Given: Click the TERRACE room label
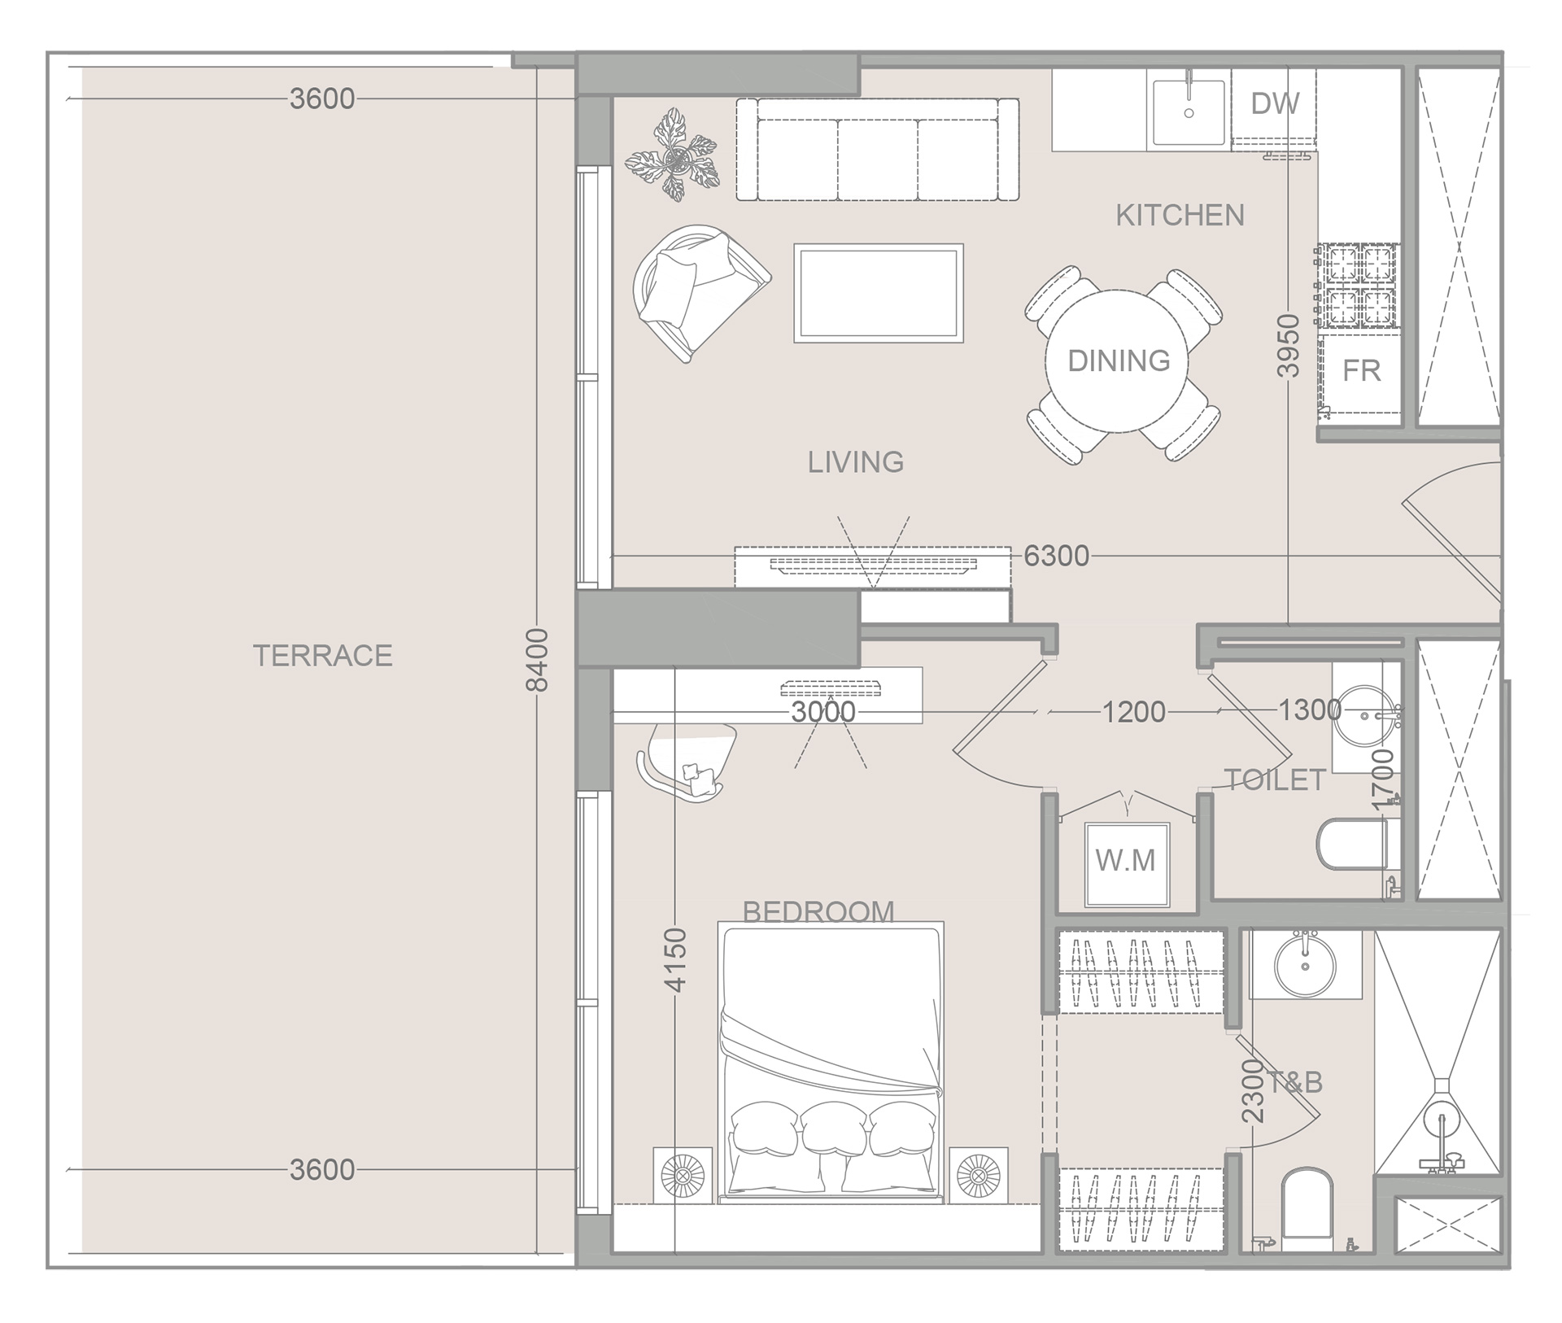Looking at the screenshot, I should pyautogui.click(x=323, y=655).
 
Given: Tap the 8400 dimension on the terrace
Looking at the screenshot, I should pyautogui.click(x=537, y=659).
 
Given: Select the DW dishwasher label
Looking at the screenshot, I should pyautogui.click(x=1274, y=103).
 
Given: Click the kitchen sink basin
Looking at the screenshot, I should pyautogui.click(x=1189, y=112).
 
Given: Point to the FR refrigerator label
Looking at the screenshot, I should pyautogui.click(x=1361, y=371).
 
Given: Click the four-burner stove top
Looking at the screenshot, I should pyautogui.click(x=1359, y=286).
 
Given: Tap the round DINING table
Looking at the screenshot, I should pyautogui.click(x=1118, y=361).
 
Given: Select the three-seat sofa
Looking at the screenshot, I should pyautogui.click(x=877, y=150).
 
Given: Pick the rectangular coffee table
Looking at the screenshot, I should pyautogui.click(x=879, y=293).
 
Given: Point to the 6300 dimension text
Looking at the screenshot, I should pyautogui.click(x=1056, y=556).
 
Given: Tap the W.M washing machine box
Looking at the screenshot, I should pyautogui.click(x=1126, y=862).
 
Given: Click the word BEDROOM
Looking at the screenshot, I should pyautogui.click(x=818, y=911).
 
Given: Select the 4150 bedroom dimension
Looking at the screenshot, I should pyautogui.click(x=676, y=960).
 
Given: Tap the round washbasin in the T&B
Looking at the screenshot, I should pyautogui.click(x=1304, y=965).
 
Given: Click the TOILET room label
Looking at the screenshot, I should pyautogui.click(x=1275, y=780).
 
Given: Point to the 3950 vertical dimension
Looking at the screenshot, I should pyautogui.click(x=1288, y=346).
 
